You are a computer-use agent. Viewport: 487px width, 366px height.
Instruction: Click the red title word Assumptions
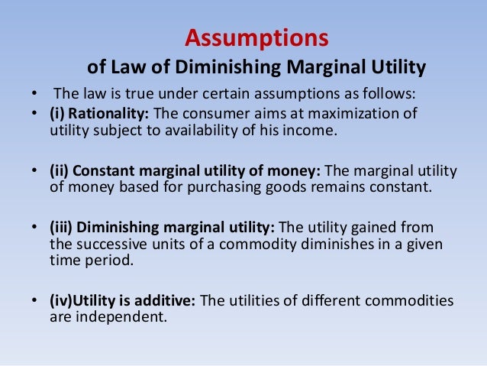pos(256,37)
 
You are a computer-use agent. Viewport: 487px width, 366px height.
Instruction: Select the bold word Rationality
pos(111,114)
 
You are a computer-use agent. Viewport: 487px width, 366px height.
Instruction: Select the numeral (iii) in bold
pos(62,228)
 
